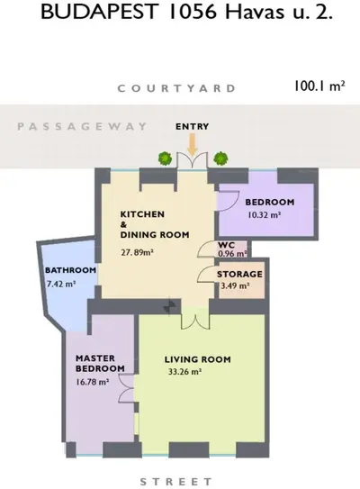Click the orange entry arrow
coord(193,144)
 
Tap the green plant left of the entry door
coord(165,158)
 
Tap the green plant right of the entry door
coord(220,158)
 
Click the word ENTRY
coord(192,127)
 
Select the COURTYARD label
coord(176,88)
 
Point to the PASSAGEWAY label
coord(82,127)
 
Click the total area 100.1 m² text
coord(319,86)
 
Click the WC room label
coord(226,245)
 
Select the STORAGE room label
coord(239,275)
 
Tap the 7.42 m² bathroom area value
coord(61,284)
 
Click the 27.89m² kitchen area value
coord(137,252)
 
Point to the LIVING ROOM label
coord(198,359)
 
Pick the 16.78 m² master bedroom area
coord(93,382)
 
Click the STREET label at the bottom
coord(176,482)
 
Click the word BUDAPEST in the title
coord(98,13)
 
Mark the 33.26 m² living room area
coord(184,372)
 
